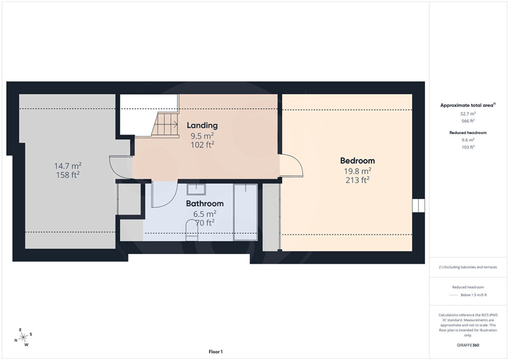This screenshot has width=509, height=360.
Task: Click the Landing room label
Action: [202, 125]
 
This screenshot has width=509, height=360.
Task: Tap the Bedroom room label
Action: [357, 161]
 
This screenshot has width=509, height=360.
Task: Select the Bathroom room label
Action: [205, 203]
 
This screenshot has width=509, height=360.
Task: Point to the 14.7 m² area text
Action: [68, 166]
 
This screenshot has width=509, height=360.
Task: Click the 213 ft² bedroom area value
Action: [357, 180]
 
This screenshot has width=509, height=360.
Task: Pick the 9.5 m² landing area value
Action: [202, 136]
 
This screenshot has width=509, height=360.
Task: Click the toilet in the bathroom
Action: [192, 230]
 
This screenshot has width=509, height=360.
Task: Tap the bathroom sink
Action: [196, 189]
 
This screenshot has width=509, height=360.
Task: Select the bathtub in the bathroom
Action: [245, 212]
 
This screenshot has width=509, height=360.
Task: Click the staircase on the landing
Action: [165, 124]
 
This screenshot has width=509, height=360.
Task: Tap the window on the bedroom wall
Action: [419, 206]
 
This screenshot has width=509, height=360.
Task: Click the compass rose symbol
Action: [23, 337]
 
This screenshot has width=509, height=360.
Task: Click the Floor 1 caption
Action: [216, 351]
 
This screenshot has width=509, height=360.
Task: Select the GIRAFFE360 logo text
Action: [468, 345]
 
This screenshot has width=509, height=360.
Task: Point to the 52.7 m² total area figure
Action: [468, 113]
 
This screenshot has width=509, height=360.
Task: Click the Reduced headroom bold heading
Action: [468, 132]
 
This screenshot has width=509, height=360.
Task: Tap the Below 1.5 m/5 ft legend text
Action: [473, 295]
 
